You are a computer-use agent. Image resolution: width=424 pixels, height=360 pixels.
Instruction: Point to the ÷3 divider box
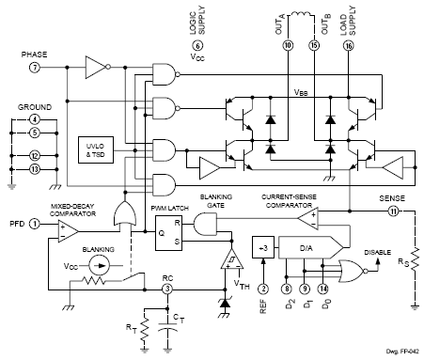coord(264,247)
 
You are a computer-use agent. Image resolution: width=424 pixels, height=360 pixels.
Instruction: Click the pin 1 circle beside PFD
coord(34,223)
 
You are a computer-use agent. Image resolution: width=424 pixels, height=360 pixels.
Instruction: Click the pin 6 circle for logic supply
coord(197,44)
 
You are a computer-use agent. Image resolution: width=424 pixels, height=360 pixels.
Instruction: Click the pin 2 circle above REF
coord(264,290)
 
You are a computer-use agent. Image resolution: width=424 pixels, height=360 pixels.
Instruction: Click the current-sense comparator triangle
coord(302,218)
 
